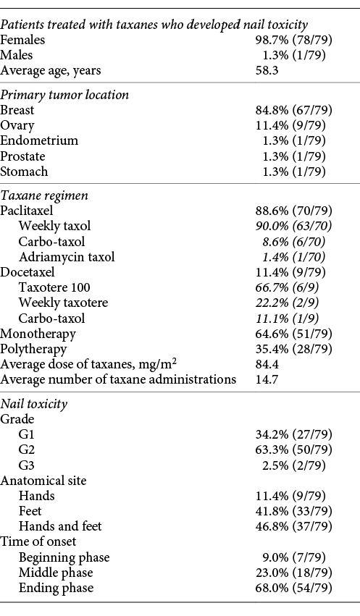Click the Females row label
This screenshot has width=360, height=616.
pos(22,41)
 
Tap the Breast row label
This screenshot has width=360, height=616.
pos(17,111)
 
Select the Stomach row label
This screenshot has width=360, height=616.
pos(24,172)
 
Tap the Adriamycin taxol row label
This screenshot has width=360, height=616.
pos(67,257)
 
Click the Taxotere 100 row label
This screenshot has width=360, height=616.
pos(53,287)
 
